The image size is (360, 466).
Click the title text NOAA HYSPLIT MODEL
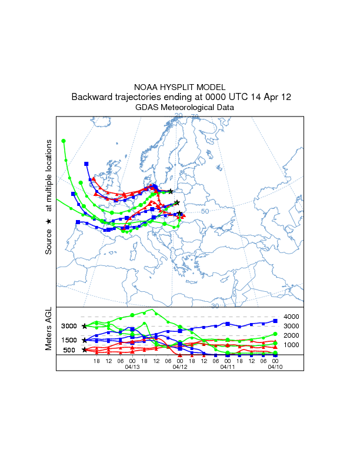coord(180,87)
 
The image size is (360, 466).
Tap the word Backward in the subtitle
coord(93,97)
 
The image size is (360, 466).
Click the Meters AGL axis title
coord(49,330)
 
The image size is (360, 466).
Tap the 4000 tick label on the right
coord(292,317)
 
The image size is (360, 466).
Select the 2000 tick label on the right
coord(292,335)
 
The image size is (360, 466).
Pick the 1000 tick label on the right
coord(292,345)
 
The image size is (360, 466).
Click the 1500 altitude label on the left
coord(70,340)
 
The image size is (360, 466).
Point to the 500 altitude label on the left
coord(70,350)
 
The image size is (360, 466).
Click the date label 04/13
coord(132,367)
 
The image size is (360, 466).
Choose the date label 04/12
coord(180,367)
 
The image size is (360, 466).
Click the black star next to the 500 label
coord(85,350)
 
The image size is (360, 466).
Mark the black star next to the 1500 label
coord(85,340)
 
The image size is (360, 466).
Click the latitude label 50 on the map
coord(205,211)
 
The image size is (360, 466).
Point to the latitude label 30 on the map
coord(215,306)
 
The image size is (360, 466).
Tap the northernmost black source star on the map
coord(171,191)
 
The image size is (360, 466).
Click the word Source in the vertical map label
coord(49,241)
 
